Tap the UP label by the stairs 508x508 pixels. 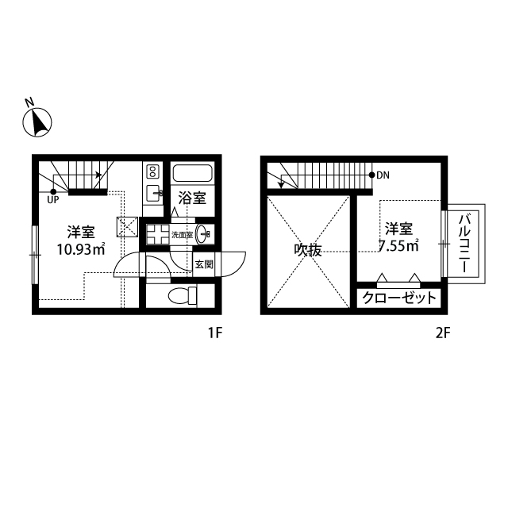click(x=53, y=200)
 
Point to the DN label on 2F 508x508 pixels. click(x=383, y=175)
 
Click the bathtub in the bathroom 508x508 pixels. click(x=192, y=173)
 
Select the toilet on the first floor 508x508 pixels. click(x=183, y=295)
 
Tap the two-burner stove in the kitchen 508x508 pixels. click(x=152, y=171)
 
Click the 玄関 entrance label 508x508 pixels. click(x=204, y=264)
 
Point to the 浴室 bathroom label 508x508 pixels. click(x=192, y=198)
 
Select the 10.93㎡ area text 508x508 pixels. click(x=81, y=249)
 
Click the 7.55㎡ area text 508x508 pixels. click(x=398, y=246)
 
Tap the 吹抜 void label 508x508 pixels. click(x=308, y=250)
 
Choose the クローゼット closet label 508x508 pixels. click(x=399, y=298)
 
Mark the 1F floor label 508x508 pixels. click(x=215, y=333)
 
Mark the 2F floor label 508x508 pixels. click(x=443, y=333)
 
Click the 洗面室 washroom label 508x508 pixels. click(x=182, y=235)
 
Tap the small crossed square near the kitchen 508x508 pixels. click(x=127, y=227)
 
